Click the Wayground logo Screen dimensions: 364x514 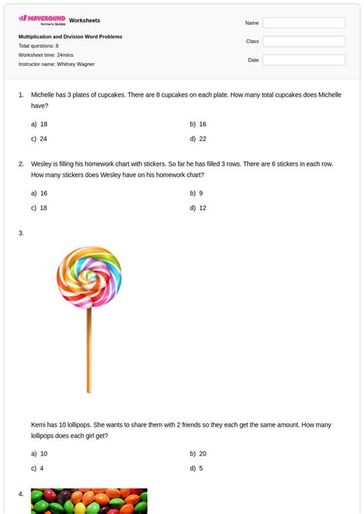point(41,19)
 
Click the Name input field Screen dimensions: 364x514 point(303,23)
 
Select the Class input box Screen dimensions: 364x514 point(303,41)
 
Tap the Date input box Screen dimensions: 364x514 point(303,60)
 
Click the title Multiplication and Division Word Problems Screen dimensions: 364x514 point(70,37)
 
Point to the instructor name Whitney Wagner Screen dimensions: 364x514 point(75,64)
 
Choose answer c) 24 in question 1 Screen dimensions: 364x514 point(39,139)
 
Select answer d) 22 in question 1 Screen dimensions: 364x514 point(198,139)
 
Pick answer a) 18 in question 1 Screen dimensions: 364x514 point(39,124)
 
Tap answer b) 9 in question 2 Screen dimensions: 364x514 point(196,193)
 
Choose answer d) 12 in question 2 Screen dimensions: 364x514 point(198,208)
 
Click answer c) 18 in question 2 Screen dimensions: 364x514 point(39,208)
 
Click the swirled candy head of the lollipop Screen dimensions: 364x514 point(89,277)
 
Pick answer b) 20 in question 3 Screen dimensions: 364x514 point(198,453)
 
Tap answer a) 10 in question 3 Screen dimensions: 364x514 point(39,453)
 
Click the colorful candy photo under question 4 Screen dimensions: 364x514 point(88,502)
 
